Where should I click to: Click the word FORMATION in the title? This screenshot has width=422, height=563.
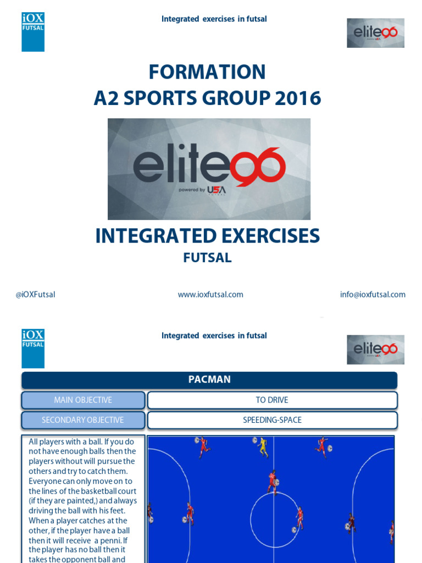point(207,72)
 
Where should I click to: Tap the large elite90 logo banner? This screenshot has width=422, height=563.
point(209,169)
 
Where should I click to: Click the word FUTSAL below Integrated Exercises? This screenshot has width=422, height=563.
point(207,258)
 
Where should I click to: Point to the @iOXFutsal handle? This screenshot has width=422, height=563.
point(35,295)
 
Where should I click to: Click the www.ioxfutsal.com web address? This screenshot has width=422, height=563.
point(210,295)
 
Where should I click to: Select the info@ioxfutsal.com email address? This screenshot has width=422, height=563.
point(373,295)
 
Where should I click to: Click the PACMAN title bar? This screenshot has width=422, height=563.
point(209,380)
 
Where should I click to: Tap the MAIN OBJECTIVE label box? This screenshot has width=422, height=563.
point(83,400)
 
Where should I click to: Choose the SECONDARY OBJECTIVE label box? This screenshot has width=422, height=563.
point(83,420)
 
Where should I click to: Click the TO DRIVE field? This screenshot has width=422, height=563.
point(272,400)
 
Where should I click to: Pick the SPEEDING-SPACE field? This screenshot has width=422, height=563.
point(272,420)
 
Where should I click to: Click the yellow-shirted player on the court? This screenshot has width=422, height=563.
point(263,447)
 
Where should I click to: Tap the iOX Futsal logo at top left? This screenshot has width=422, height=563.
point(33,32)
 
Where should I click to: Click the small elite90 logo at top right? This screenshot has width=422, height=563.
point(375,33)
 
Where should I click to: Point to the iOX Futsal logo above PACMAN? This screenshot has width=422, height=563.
point(33,348)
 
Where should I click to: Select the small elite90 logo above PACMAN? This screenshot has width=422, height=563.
point(375,349)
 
